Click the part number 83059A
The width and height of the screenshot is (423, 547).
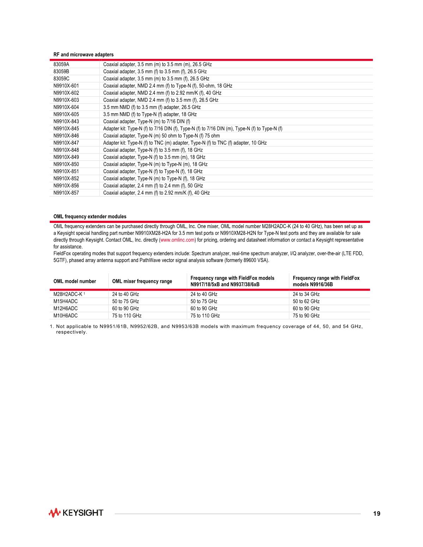pos(61,65)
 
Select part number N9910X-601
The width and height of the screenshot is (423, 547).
pos(66,86)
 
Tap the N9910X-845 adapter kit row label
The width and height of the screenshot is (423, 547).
pos(66,129)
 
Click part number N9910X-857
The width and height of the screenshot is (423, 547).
pos(66,193)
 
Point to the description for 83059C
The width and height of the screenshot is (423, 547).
pos(156,79)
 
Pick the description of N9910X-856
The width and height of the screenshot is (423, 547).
pos(153,186)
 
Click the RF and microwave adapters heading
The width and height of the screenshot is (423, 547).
pos(84,55)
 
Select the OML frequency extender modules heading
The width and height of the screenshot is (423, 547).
pos(90,217)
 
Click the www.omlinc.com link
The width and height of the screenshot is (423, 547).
pos(177,240)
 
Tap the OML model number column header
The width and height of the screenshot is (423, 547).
pos(75,281)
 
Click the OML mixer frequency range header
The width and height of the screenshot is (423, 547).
pos(142,281)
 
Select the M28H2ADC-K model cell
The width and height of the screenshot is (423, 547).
pos(68,294)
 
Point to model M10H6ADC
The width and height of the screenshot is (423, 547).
pos(66,316)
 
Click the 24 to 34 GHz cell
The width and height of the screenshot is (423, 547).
pos(306,294)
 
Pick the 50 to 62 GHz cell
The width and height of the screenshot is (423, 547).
pos(306,302)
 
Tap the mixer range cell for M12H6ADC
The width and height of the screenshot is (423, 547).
pos(126,309)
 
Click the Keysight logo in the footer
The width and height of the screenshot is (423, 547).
pos(76,513)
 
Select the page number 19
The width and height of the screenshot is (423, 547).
pos(376,513)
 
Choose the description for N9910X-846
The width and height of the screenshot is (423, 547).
pos(161,136)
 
